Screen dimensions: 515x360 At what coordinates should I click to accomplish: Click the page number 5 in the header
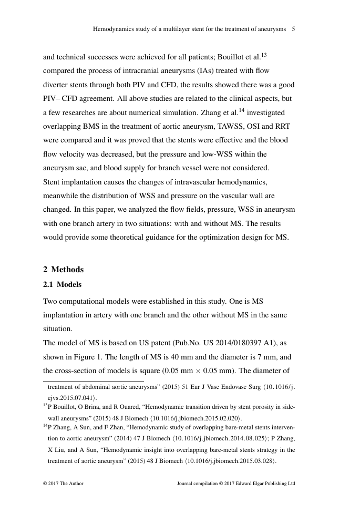[x=293, y=29]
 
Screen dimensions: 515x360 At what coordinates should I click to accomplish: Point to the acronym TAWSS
[x=227, y=127]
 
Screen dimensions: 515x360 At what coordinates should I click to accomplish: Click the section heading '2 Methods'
[x=63, y=270]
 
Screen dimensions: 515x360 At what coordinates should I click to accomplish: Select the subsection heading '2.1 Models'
[x=63, y=284]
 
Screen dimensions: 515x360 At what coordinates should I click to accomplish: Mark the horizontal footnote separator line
[x=93, y=382]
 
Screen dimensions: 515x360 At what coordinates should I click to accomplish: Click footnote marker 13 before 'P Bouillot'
[x=45, y=406]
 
